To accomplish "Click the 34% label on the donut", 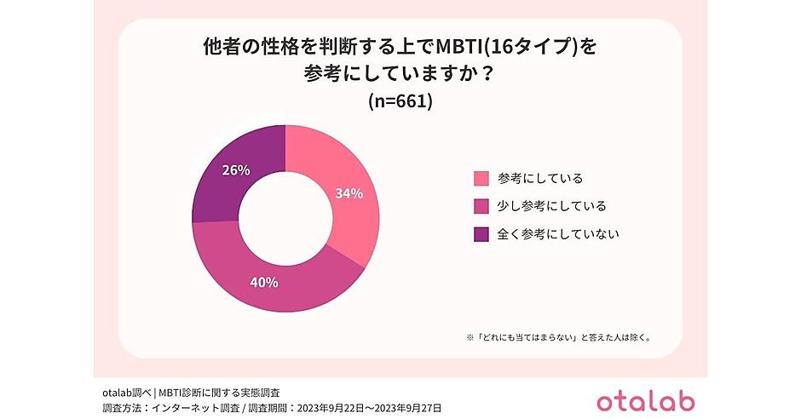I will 349,193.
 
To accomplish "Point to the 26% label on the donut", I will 235,170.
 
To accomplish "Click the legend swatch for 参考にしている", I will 481,178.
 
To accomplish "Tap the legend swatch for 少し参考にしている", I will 481,206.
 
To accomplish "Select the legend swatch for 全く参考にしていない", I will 481,233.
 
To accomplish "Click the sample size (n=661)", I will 400,101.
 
